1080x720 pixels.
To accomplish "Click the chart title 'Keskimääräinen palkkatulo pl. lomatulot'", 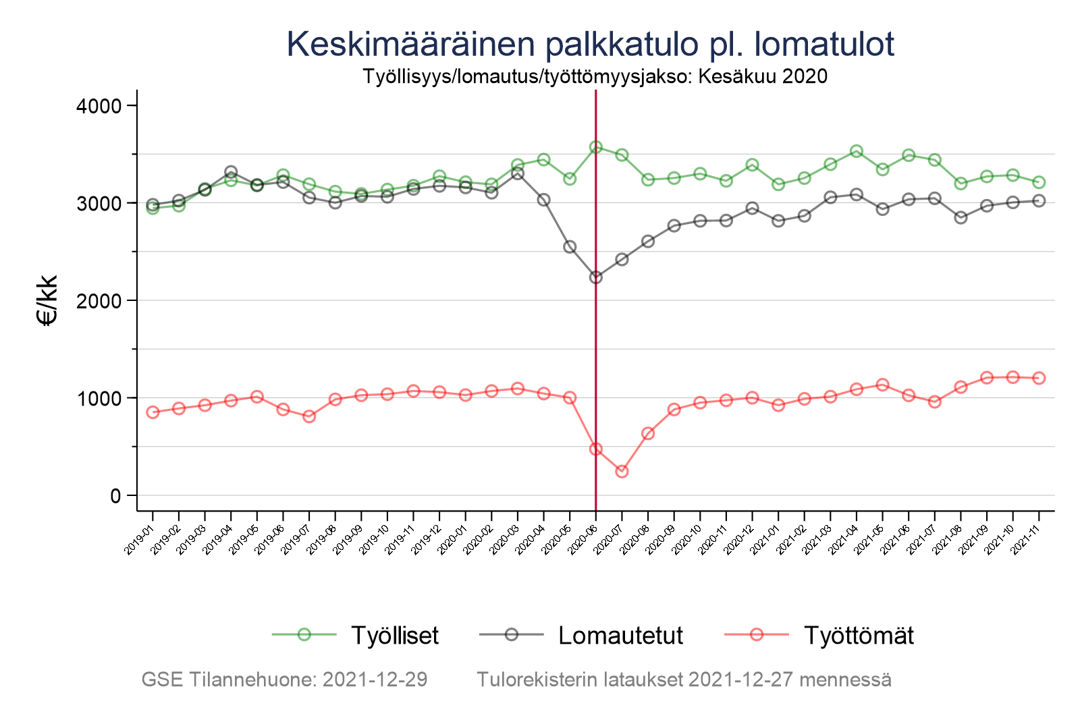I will click(590, 45).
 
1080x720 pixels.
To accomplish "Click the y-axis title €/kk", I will click(47, 300).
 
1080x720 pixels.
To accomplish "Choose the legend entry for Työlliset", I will click(394, 636).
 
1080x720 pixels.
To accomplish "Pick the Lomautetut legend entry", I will click(620, 636).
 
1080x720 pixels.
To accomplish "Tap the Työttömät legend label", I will click(859, 636).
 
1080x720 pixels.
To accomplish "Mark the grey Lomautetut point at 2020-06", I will click(596, 277).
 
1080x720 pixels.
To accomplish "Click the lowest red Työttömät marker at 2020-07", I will click(622, 471).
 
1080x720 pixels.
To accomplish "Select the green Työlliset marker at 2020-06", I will click(596, 147).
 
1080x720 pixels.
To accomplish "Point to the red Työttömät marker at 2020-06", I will click(596, 449).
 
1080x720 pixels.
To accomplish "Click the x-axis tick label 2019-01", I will click(140, 542).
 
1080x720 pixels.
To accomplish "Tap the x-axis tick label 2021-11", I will click(1025, 542).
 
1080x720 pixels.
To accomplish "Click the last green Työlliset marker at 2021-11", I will click(1039, 182).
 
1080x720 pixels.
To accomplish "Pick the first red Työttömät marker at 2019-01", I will click(153, 412).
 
